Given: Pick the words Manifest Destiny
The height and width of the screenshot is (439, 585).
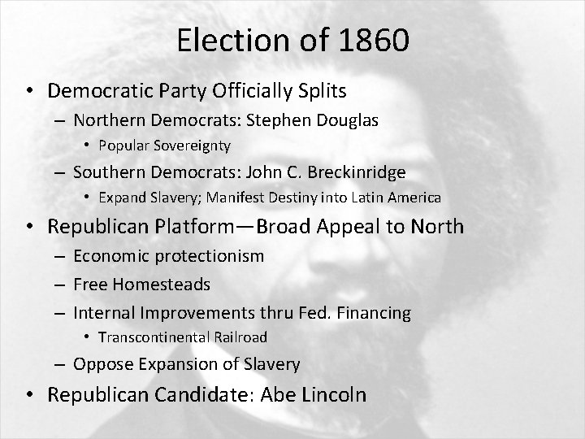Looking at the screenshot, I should (x=259, y=198).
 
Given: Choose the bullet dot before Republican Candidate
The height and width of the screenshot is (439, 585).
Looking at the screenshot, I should (x=30, y=396).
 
